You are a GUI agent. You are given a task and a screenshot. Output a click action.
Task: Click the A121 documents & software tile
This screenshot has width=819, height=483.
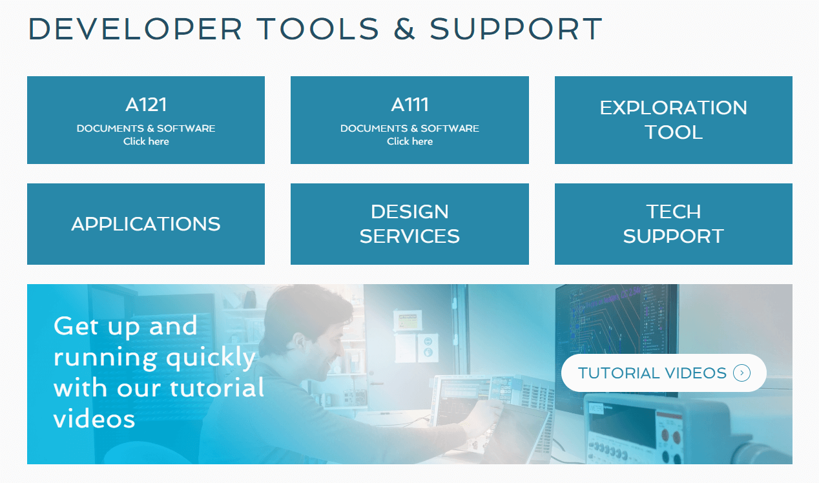[x=146, y=120]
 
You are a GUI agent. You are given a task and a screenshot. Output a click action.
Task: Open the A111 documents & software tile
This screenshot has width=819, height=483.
[x=409, y=120]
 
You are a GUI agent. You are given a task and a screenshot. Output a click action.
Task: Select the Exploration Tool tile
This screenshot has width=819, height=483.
[x=673, y=120]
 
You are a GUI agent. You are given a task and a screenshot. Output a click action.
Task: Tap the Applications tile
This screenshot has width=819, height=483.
[x=146, y=224]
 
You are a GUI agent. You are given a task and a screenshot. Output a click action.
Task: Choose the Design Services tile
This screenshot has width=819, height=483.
[x=409, y=224]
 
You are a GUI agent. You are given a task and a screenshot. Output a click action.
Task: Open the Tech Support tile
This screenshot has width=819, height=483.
[x=673, y=224]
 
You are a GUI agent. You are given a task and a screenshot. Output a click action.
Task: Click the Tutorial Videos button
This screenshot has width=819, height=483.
[x=652, y=373]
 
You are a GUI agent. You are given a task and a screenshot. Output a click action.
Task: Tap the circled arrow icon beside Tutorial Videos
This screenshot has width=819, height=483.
[x=741, y=373]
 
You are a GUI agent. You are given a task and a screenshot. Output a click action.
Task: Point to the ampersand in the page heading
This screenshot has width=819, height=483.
[x=404, y=29]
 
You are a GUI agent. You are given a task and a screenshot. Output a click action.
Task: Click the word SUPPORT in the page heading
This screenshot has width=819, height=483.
[x=516, y=29]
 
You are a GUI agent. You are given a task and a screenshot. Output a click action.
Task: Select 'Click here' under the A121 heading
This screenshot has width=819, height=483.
[x=146, y=141]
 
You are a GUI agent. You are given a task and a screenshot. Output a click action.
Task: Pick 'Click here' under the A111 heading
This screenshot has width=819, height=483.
[x=409, y=141]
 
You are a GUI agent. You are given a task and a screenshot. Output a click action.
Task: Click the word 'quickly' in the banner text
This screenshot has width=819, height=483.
[x=211, y=357]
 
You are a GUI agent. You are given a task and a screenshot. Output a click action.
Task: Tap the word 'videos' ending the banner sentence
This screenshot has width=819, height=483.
[x=94, y=419]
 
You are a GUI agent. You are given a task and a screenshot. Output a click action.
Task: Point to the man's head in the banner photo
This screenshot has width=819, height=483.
[x=310, y=323]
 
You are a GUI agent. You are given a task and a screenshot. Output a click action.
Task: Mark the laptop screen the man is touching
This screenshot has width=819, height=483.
[x=517, y=433]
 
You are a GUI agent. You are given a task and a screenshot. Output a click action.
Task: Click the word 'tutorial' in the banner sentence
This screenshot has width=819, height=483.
[x=217, y=388]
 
